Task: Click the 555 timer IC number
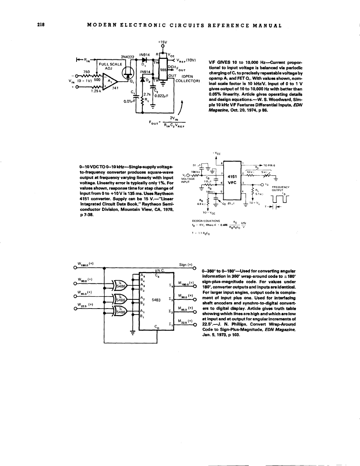point(163,69)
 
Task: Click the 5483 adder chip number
point(156,301)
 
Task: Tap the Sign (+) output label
point(186,264)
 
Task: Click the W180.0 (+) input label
point(85,263)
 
